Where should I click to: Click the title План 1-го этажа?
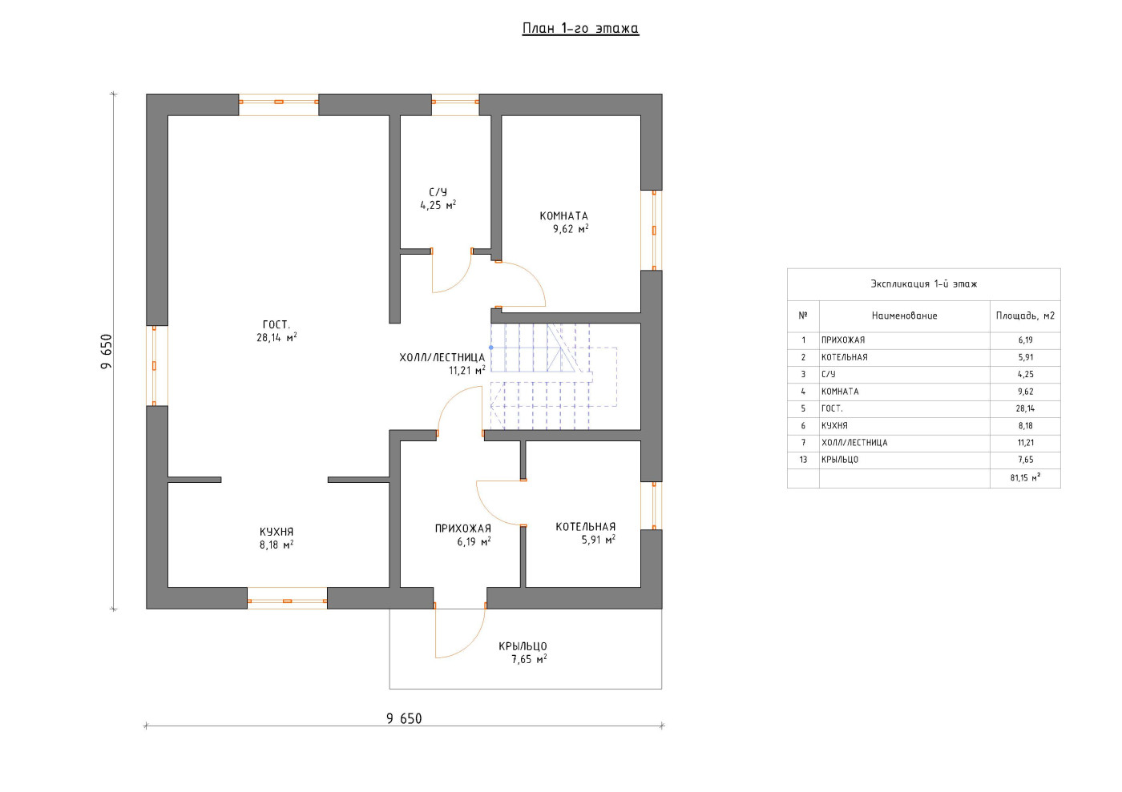580,29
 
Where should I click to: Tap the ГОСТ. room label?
276,325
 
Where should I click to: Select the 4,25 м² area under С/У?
438,205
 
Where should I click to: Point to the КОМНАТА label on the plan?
564,215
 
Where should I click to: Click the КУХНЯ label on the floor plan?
276,532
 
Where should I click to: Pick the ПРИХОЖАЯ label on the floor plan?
463,529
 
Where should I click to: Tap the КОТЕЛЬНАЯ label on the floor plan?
586,527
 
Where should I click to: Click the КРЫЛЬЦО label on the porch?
523,646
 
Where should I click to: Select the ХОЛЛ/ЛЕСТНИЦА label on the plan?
442,357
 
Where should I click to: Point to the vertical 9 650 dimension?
107,352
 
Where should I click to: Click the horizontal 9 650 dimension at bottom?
404,719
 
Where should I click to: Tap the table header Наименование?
905,316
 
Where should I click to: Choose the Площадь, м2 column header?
1025,316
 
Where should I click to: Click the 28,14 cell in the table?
1025,408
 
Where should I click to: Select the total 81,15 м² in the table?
1025,477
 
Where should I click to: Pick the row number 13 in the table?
803,460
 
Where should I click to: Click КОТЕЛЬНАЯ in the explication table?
845,357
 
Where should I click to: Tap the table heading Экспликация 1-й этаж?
924,283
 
